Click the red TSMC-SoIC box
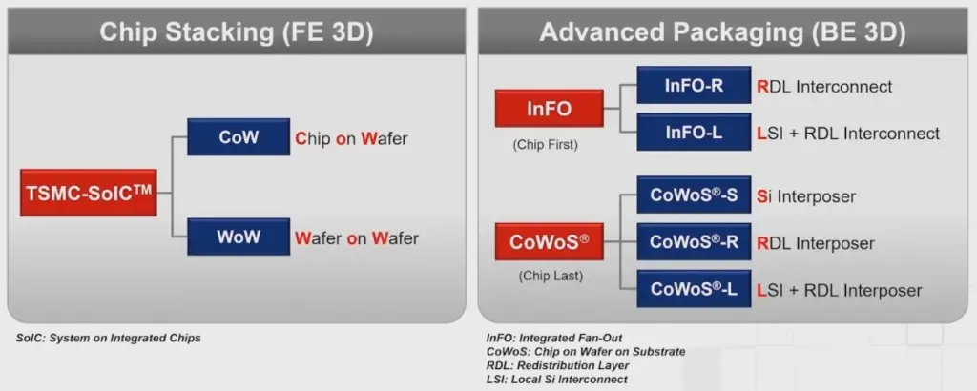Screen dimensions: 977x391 pos(89,193)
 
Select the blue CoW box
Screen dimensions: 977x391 pos(239,137)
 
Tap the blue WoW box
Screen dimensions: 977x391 pos(239,237)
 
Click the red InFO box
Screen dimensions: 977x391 pos(549,109)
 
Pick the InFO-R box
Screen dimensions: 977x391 pos(694,85)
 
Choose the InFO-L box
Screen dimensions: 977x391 pos(694,132)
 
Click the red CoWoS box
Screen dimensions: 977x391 pos(549,241)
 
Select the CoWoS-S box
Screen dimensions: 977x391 pos(694,195)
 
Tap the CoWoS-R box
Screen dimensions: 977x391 pos(694,241)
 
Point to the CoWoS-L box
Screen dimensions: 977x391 pos(694,289)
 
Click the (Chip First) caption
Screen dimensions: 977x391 pos(545,145)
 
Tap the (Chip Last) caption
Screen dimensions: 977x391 pos(551,276)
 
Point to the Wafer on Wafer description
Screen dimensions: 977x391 pos(357,237)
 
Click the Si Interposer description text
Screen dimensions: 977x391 pos(806,196)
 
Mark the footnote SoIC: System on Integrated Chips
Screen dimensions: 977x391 pos(109,339)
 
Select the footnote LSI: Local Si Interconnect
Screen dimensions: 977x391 pos(557,379)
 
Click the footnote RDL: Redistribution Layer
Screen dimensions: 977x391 pos(557,365)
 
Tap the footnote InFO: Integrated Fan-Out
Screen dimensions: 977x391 pos(554,339)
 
